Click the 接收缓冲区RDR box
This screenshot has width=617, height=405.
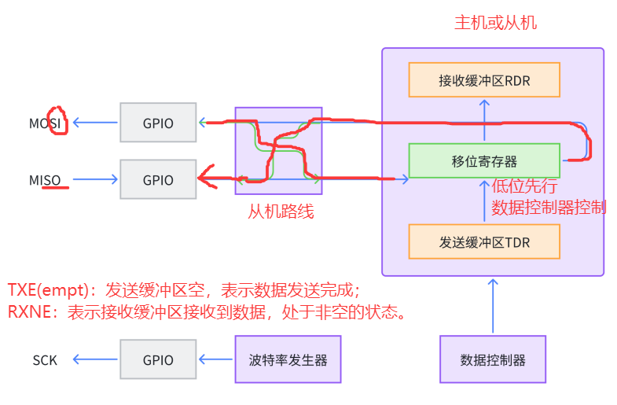click(x=484, y=79)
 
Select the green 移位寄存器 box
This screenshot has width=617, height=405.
click(x=484, y=160)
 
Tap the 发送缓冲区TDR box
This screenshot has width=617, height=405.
click(x=484, y=241)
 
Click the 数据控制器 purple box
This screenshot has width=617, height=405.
click(x=492, y=360)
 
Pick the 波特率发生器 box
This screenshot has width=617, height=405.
click(x=288, y=360)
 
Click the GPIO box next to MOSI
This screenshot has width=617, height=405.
click(x=158, y=123)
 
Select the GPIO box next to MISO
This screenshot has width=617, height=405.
click(x=158, y=179)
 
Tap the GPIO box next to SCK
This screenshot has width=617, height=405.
click(x=158, y=360)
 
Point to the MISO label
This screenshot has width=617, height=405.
click(x=45, y=180)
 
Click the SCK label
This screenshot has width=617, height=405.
click(x=45, y=360)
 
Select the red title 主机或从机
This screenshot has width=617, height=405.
click(x=495, y=22)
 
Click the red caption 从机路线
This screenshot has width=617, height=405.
click(x=281, y=211)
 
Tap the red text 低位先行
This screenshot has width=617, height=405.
click(x=524, y=186)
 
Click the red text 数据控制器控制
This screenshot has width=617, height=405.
click(x=548, y=208)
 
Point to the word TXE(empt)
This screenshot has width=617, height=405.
click(x=47, y=289)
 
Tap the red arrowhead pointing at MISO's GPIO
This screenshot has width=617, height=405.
click(x=206, y=180)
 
